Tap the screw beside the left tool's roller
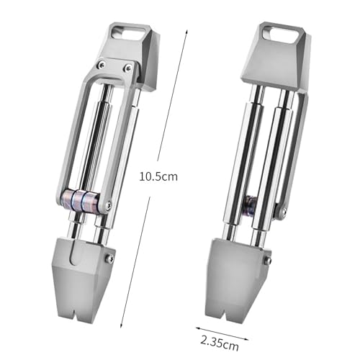[107, 206]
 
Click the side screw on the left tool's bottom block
[109, 258]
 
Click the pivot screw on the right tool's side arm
[282, 212]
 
